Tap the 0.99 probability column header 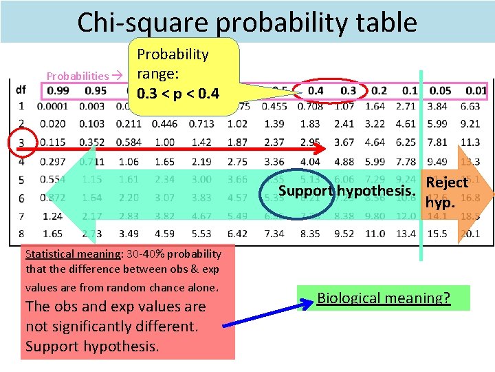pyautogui.click(x=58, y=90)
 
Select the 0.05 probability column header pyautogui.click(x=441, y=90)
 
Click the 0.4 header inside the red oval pyautogui.click(x=316, y=90)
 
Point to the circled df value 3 pyautogui.click(x=21, y=143)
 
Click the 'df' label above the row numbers pyautogui.click(x=21, y=90)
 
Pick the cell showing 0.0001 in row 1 pyautogui.click(x=52, y=106)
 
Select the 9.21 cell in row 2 pyautogui.click(x=470, y=124)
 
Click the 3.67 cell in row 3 pyautogui.click(x=344, y=142)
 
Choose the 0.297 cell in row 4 pyautogui.click(x=52, y=161)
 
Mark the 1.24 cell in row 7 pyautogui.click(x=52, y=216)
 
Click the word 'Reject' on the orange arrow pyautogui.click(x=447, y=183)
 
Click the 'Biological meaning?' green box pyautogui.click(x=384, y=298)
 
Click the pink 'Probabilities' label pyautogui.click(x=78, y=76)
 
